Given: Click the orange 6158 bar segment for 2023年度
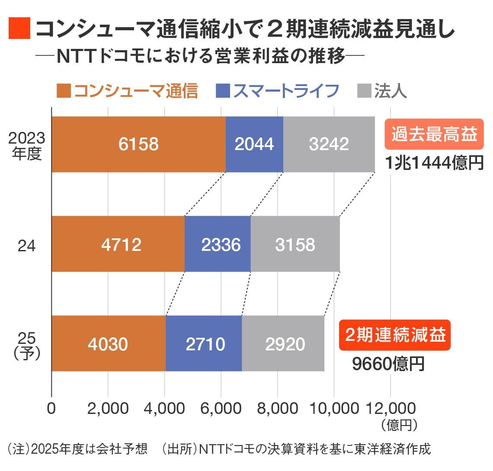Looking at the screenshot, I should point(138,144).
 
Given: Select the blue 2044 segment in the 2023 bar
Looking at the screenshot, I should point(254,144).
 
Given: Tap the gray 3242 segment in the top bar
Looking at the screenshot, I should point(329,144).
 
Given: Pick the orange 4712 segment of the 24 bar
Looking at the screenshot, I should point(118,244).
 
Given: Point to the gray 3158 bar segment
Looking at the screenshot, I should point(295,244).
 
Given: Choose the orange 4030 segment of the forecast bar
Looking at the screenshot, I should point(108,344).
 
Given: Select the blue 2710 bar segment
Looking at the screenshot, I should point(204,344).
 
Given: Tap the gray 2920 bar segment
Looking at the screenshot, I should point(283,344).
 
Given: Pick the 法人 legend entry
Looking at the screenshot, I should point(382,91).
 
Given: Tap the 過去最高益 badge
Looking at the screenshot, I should point(434,135).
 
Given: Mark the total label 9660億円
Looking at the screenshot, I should point(388,364).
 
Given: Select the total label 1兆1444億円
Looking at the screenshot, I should point(434,163).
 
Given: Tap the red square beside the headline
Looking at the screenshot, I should point(19,29).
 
